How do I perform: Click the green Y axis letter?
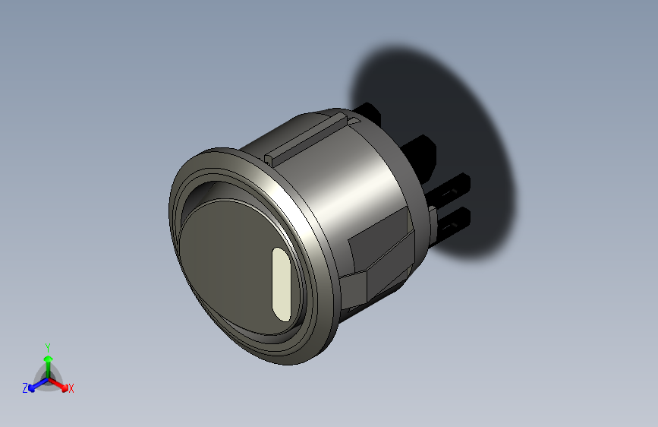click(x=47, y=346)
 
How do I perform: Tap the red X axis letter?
click(x=71, y=389)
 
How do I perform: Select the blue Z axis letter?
click(x=25, y=388)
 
